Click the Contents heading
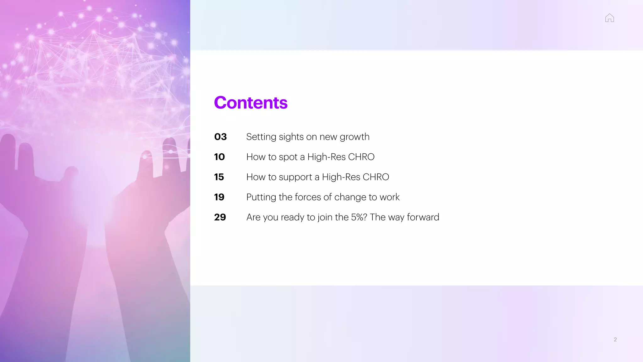coord(251,103)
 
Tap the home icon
coord(609,18)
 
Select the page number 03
coord(220,137)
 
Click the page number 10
coord(219,157)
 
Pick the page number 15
coord(219,177)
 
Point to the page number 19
coord(219,197)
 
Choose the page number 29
coord(220,217)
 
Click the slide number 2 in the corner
coord(615,339)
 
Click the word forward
coord(423,217)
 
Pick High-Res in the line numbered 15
coord(341,177)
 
